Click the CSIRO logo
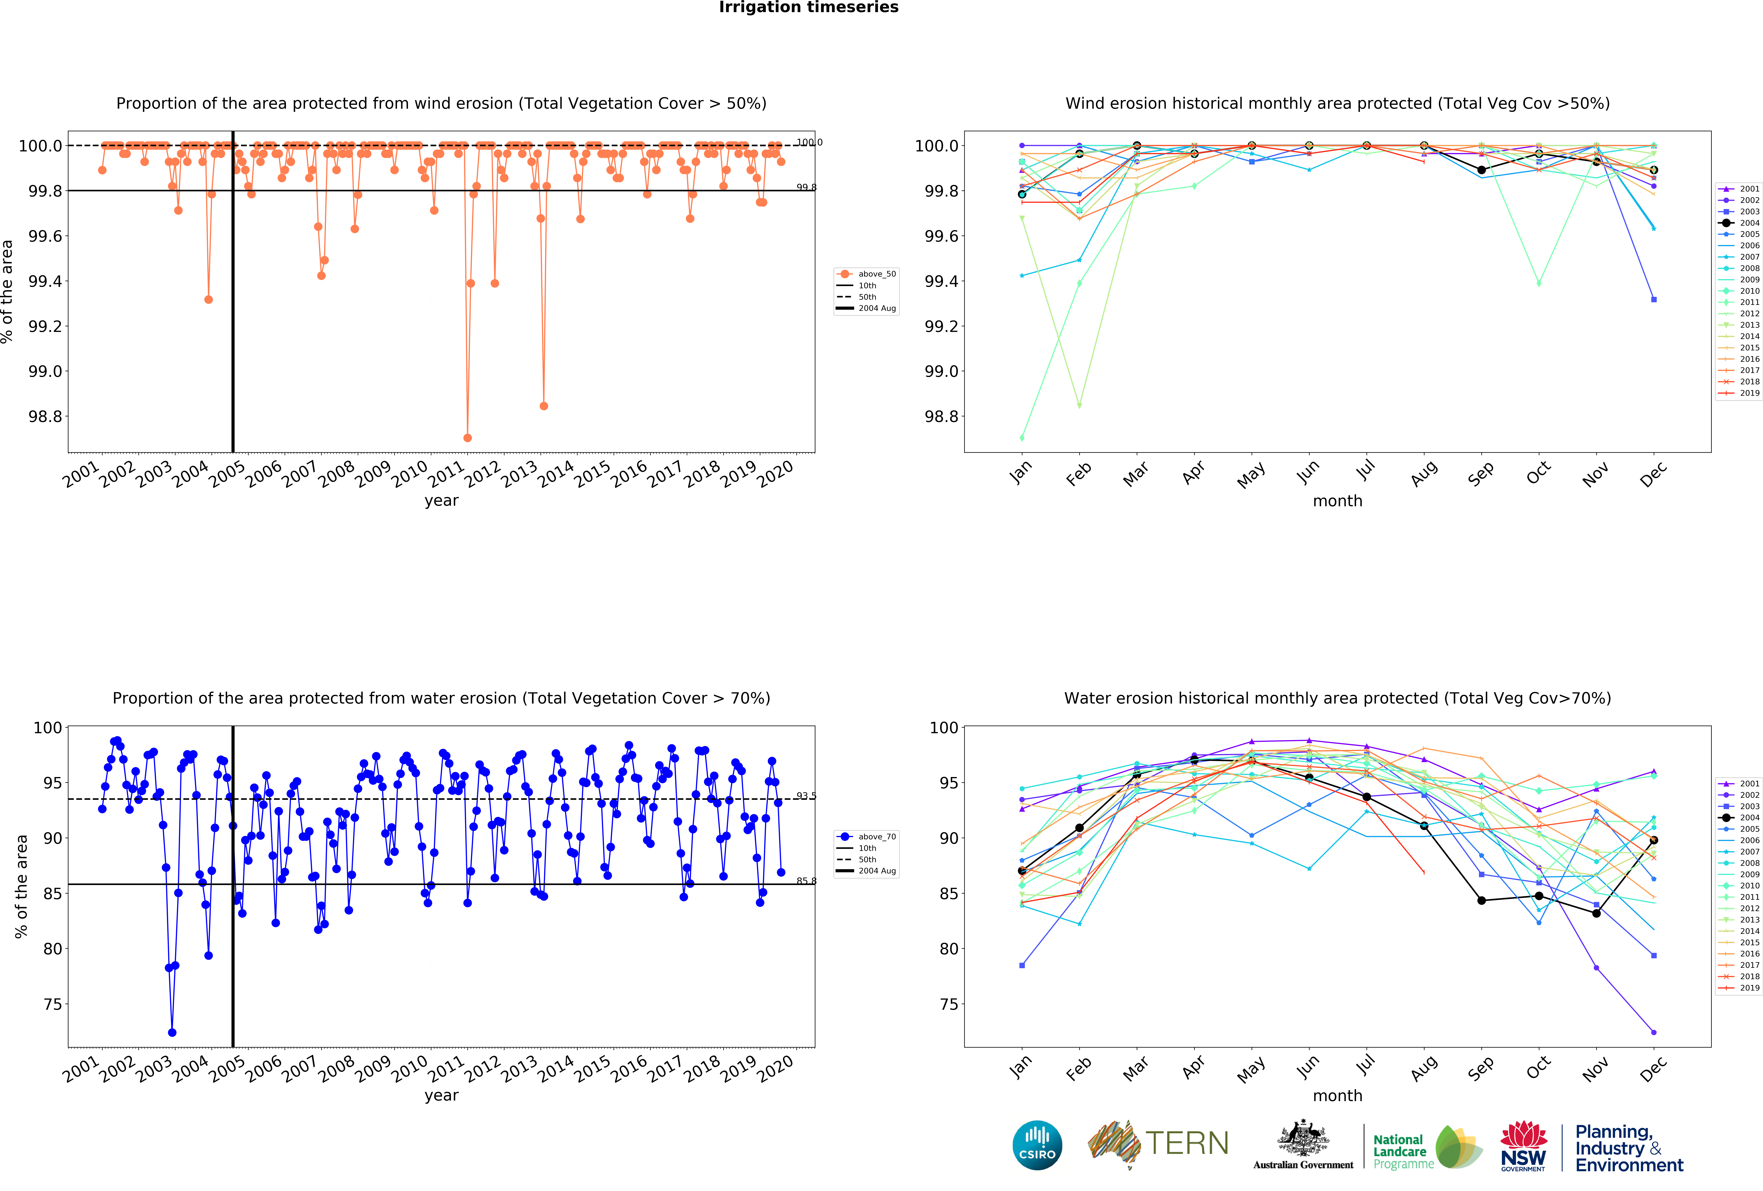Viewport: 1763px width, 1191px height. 1037,1145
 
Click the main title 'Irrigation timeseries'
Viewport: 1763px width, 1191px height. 809,8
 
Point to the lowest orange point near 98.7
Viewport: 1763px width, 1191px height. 467,438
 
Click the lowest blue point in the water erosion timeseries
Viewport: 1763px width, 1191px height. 172,1032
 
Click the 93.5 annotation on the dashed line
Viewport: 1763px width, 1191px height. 806,796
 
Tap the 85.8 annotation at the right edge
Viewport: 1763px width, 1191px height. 806,881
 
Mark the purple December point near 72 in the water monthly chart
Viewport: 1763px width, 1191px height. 1654,1032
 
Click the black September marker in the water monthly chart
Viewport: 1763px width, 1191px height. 1482,900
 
